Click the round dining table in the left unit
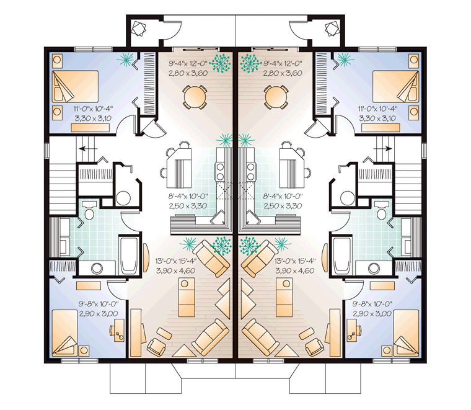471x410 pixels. click(195, 97)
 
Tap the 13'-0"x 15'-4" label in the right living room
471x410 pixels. click(294, 261)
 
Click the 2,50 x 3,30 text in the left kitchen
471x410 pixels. click(188, 206)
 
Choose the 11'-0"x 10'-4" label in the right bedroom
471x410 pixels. click(377, 109)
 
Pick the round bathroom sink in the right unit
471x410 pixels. click(374, 269)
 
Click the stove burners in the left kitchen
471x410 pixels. click(220, 171)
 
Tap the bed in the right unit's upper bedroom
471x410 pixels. click(396, 87)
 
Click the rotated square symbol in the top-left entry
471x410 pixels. click(139, 29)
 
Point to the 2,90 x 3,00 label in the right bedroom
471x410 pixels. click(372, 314)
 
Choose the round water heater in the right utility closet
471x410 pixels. click(348, 198)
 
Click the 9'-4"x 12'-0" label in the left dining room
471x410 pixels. click(188, 63)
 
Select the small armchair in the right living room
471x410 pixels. click(314, 346)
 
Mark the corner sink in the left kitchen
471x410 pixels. click(219, 217)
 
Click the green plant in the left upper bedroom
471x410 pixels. click(125, 60)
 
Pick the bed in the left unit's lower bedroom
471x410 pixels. click(65, 332)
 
